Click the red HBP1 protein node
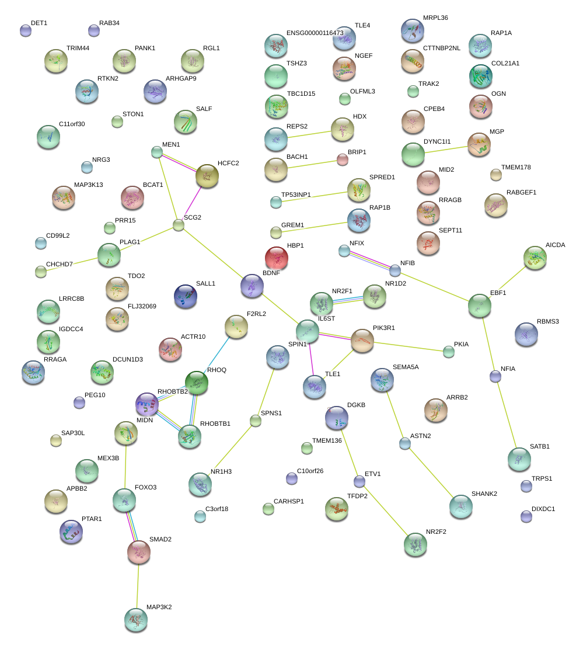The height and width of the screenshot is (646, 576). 277,257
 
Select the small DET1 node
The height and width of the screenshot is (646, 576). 25,30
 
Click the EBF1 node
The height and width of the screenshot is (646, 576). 480,305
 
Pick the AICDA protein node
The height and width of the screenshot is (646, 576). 535,258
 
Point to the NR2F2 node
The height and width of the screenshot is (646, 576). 416,544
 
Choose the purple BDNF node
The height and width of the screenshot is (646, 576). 252,285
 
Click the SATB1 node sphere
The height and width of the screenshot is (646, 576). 519,459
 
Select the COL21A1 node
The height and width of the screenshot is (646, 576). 480,75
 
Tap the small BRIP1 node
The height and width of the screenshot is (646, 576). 343,160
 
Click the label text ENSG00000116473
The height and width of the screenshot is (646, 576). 315,33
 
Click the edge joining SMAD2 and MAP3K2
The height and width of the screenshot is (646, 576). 138,586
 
